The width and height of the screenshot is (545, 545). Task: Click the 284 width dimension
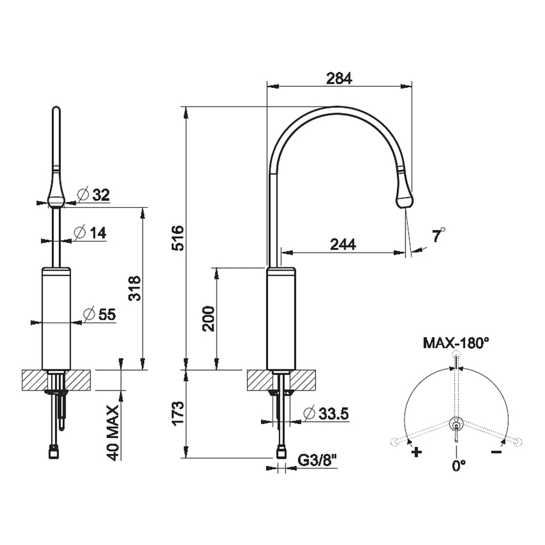(339, 78)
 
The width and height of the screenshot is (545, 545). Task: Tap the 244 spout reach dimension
(344, 244)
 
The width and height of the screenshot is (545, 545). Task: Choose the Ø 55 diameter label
(99, 314)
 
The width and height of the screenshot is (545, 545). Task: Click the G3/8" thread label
(318, 459)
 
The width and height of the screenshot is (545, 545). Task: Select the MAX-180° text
(456, 343)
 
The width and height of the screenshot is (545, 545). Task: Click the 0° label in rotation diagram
(457, 466)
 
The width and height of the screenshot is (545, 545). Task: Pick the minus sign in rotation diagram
(496, 452)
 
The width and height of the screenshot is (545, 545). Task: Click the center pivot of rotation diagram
(456, 423)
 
